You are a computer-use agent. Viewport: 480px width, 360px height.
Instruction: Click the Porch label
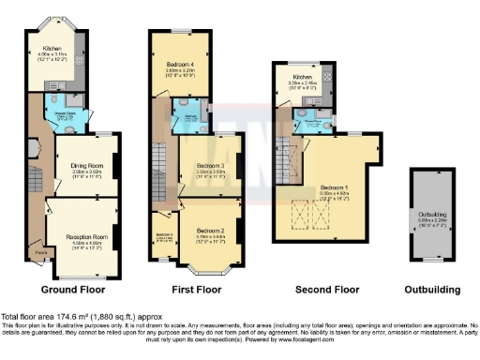[x=39, y=250]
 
